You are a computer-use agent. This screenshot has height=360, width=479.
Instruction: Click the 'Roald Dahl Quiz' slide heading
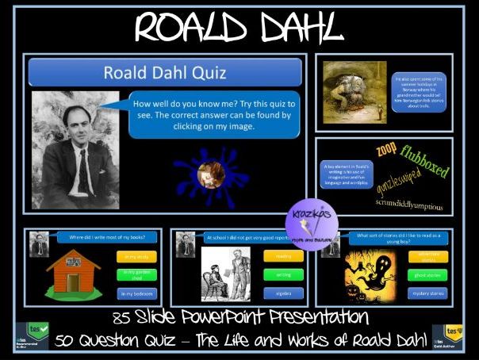point(165,73)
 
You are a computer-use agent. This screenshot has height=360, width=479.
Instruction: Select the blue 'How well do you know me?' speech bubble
point(213,114)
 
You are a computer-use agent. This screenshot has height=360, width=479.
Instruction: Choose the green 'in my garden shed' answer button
point(136,274)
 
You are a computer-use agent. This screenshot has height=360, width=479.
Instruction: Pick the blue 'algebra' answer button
point(284,293)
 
